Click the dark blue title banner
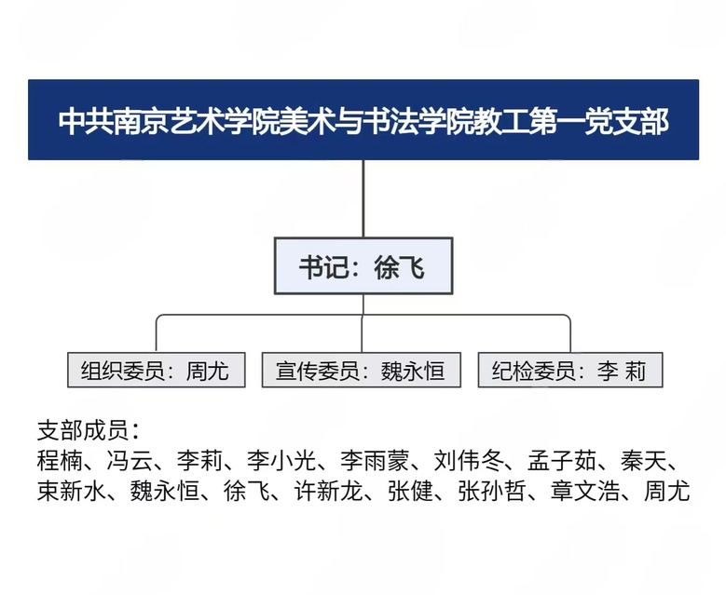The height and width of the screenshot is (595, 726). pyautogui.click(x=363, y=120)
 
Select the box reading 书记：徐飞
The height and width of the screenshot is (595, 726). pyautogui.click(x=363, y=266)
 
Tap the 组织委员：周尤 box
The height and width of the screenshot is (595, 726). pyautogui.click(x=156, y=371)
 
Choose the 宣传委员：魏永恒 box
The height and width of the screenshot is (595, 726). pyautogui.click(x=362, y=371)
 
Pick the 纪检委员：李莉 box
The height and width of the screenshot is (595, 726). pyautogui.click(x=570, y=371)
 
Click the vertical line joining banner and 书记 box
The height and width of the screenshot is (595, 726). pyautogui.click(x=363, y=199)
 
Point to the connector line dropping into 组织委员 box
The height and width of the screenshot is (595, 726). pyautogui.click(x=157, y=334)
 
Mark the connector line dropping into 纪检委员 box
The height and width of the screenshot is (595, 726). pyautogui.click(x=570, y=334)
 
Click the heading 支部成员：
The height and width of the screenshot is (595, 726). pyautogui.click(x=88, y=431)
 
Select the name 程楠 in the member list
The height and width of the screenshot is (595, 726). pyautogui.click(x=60, y=460)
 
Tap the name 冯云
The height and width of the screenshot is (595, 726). pyautogui.click(x=130, y=460)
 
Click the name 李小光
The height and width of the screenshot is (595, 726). pyautogui.click(x=281, y=460)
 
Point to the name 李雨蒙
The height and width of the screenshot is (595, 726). pyautogui.click(x=375, y=460)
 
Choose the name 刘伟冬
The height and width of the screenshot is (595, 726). pyautogui.click(x=469, y=460)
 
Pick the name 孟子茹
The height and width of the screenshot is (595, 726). pyautogui.click(x=562, y=460)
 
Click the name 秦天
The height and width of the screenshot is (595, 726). pyautogui.click(x=644, y=460)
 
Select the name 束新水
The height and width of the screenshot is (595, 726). pyautogui.click(x=72, y=491)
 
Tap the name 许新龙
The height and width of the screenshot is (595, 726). pyautogui.click(x=329, y=491)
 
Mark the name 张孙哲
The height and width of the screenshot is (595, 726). pyautogui.click(x=492, y=491)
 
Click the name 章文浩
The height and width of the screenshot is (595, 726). pyautogui.click(x=585, y=491)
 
